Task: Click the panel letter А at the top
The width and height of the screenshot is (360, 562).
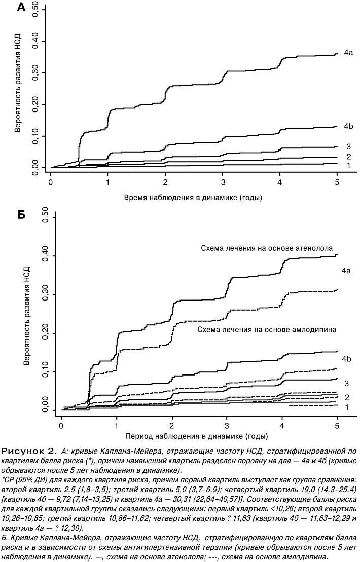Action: [21, 7]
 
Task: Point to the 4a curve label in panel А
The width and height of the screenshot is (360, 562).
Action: [348, 53]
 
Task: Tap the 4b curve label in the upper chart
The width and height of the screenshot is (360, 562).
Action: [348, 126]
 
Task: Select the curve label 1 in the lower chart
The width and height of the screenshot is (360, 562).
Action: [347, 407]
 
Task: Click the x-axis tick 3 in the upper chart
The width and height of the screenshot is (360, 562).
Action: [223, 182]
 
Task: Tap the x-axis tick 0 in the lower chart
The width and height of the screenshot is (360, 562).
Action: [62, 426]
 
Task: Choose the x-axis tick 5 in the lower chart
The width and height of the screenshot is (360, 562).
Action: [337, 426]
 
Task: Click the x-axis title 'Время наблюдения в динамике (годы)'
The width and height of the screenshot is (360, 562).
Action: [193, 198]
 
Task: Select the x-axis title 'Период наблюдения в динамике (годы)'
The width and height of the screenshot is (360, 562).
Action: [197, 436]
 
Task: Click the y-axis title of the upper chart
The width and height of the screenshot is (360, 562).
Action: [18, 83]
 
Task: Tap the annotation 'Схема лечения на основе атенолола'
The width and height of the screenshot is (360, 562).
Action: [267, 248]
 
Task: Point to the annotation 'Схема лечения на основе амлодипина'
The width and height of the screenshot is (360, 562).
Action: [267, 330]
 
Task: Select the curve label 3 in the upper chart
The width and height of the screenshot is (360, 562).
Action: [348, 146]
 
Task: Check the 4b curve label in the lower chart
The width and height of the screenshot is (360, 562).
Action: [346, 359]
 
